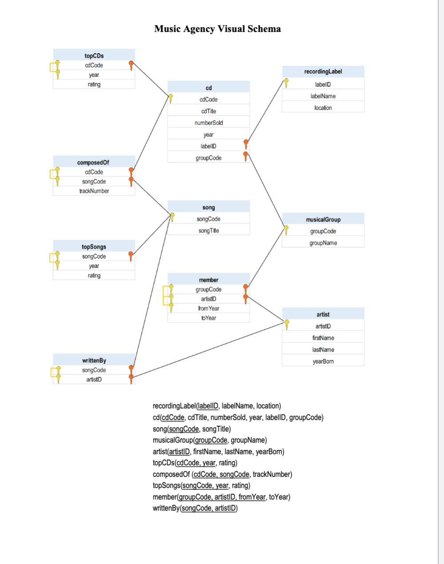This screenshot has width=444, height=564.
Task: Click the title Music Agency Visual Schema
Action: click(218, 29)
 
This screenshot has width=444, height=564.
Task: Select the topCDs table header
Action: click(94, 56)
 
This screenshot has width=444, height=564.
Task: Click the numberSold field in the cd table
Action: click(209, 123)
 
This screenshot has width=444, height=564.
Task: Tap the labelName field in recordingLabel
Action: click(323, 96)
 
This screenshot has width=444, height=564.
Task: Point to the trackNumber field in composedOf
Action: click(94, 191)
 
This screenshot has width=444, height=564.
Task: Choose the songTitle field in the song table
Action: click(209, 230)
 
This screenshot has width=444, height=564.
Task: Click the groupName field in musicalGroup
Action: click(323, 243)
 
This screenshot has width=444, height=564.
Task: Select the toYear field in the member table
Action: click(209, 318)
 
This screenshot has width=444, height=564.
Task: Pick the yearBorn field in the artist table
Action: click(323, 361)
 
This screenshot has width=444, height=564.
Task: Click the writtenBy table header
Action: click(94, 360)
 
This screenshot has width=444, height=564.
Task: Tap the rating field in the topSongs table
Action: click(94, 275)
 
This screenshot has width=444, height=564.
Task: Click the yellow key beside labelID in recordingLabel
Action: click(286, 83)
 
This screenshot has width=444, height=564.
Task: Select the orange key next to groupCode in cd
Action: click(246, 156)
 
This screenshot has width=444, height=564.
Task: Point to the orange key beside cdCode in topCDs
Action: click(131, 65)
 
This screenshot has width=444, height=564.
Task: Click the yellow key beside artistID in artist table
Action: click(287, 325)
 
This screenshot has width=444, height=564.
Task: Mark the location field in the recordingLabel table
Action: click(323, 107)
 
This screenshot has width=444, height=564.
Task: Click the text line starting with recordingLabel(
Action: click(217, 406)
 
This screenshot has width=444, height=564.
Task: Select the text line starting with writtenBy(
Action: click(195, 508)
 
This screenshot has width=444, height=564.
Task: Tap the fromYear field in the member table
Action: click(209, 308)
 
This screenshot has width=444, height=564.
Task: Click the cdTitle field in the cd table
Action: click(209, 111)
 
